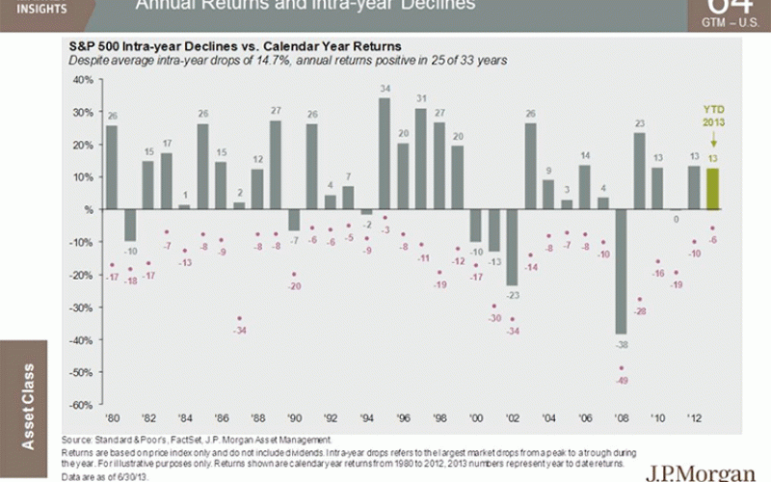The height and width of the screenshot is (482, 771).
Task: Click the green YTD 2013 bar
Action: [x=713, y=189]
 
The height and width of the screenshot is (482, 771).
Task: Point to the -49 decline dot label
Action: [x=622, y=380]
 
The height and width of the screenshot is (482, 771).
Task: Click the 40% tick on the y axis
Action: [x=82, y=79]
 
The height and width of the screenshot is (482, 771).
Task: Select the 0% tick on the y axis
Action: [x=86, y=209]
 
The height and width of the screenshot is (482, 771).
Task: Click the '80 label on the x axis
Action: [x=112, y=418]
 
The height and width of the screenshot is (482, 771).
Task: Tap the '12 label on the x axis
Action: [x=694, y=418]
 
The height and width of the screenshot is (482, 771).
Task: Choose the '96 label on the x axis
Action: [x=403, y=418]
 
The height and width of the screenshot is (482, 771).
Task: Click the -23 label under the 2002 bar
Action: [x=513, y=295]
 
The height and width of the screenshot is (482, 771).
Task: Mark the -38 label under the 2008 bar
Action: [x=623, y=344]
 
